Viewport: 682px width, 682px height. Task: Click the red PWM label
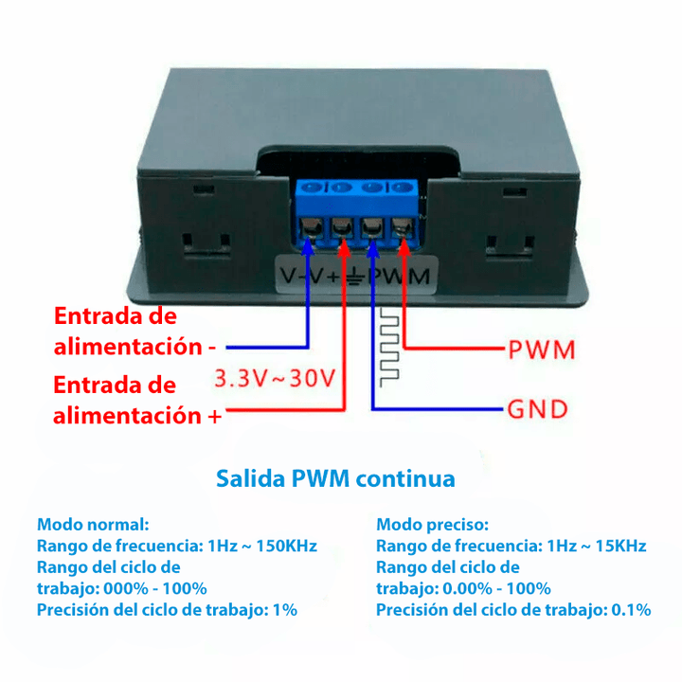(x=542, y=350)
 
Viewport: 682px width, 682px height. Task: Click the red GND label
(x=538, y=409)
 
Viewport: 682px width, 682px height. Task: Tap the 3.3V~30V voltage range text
(x=275, y=378)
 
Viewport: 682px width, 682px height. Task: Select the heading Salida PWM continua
(x=335, y=478)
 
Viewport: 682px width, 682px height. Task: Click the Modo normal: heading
(x=93, y=525)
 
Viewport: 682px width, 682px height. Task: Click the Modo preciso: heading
(x=432, y=525)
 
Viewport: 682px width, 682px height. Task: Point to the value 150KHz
(x=287, y=546)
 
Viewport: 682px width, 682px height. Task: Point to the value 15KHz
(x=620, y=546)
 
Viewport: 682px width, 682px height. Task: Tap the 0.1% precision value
(x=631, y=610)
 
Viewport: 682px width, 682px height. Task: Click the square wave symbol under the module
(x=389, y=348)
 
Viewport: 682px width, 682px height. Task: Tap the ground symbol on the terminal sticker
(x=356, y=276)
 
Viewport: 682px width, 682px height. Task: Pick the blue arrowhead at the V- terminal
(x=308, y=246)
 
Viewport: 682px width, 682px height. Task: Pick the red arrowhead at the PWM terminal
(x=404, y=246)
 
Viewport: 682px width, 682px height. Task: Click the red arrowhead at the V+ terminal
(x=344, y=246)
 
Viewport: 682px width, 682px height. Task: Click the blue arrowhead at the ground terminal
(x=373, y=246)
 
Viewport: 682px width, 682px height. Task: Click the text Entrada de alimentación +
(x=137, y=400)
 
